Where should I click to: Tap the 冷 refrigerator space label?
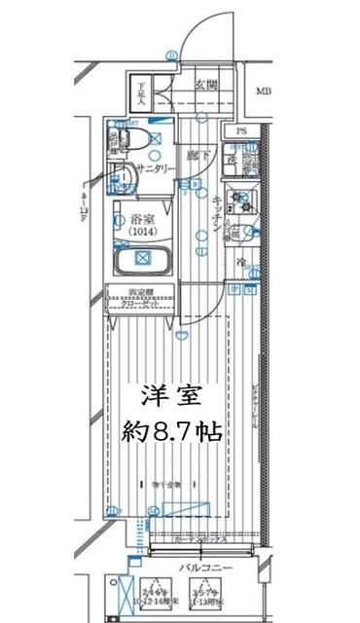click(x=240, y=263)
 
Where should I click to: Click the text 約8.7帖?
click(x=174, y=430)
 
